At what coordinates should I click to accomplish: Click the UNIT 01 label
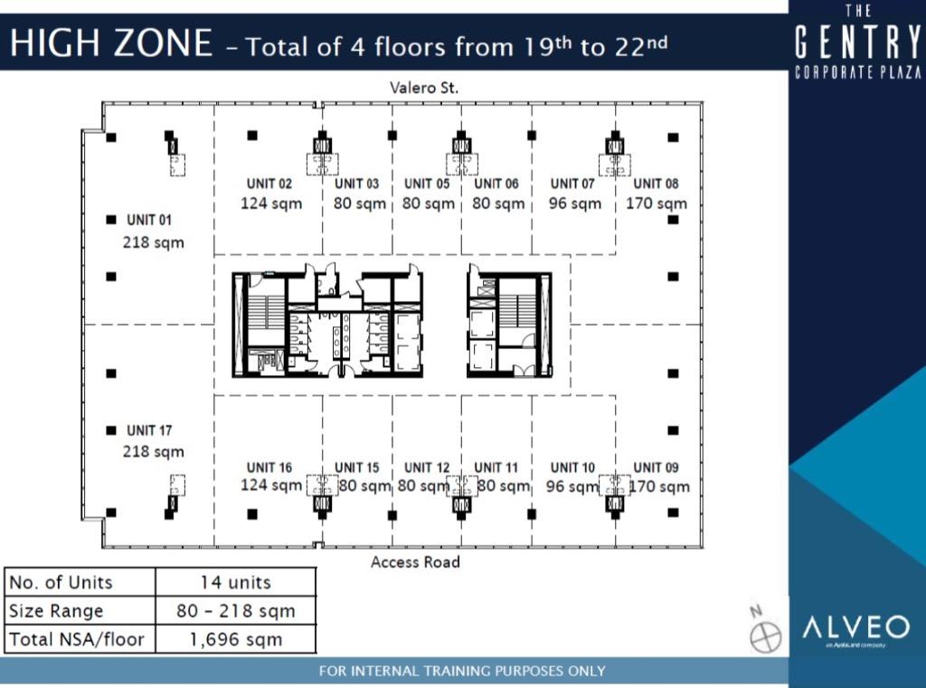coord(149,220)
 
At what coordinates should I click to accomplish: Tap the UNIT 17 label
coord(149,430)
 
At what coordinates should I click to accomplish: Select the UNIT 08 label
coord(656,184)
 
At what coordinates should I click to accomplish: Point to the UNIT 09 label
coord(656,467)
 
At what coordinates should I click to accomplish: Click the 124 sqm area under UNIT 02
coord(271,203)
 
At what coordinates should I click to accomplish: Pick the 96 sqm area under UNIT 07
coord(574,203)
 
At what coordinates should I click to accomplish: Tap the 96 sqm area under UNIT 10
coord(572,486)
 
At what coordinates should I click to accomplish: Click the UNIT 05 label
coord(427,184)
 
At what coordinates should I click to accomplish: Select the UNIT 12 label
coord(427,467)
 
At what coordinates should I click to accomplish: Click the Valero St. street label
coord(424,88)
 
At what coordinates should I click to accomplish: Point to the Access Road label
coord(415,562)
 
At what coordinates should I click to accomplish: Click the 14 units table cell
coord(235,582)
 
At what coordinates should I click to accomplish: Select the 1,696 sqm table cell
coord(235,639)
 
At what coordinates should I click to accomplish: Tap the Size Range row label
coord(56,610)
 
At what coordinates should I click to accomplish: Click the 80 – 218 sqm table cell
coord(235,610)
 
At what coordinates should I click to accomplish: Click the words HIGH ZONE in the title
coord(111,43)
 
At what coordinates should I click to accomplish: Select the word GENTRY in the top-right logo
coord(857,42)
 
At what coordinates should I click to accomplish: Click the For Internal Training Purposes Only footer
coord(462,671)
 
